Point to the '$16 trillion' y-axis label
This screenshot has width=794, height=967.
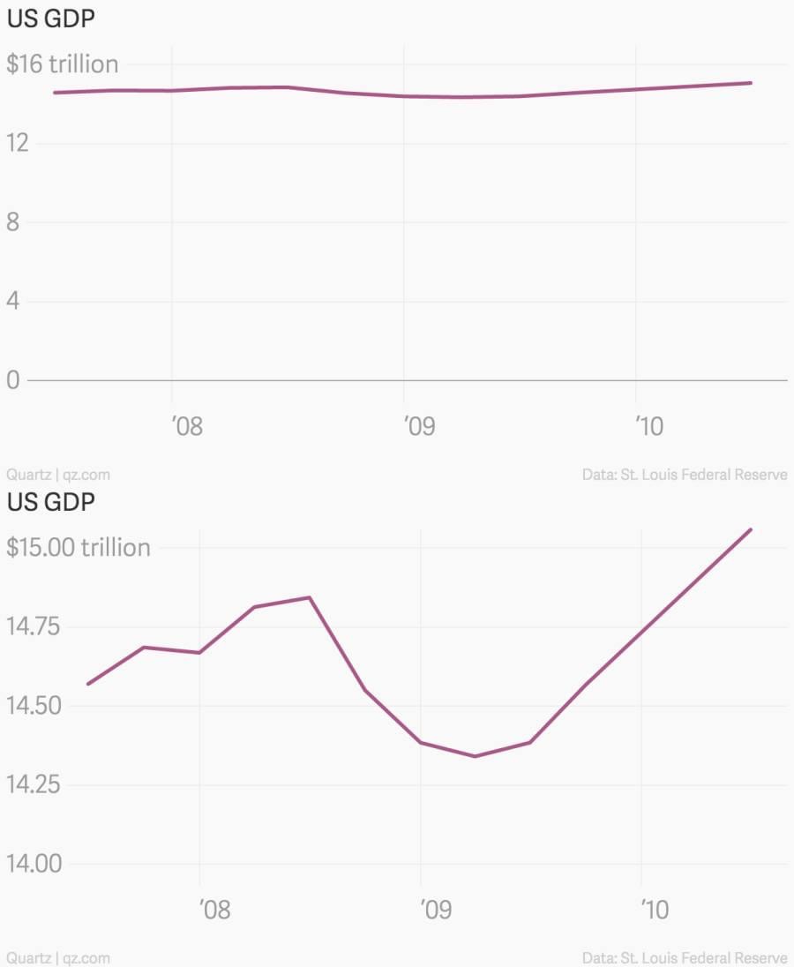[62, 64]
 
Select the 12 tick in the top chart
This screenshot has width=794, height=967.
[18, 143]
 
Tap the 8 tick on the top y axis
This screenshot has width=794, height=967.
[12, 222]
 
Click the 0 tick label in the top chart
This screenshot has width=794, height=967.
[12, 380]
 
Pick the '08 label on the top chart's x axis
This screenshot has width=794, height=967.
[186, 428]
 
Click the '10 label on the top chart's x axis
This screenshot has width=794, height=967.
[649, 428]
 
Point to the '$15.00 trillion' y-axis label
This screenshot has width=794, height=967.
[79, 548]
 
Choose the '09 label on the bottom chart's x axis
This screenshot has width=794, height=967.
[436, 910]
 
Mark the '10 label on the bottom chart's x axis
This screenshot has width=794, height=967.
[655, 910]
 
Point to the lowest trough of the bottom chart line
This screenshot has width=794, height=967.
[475, 756]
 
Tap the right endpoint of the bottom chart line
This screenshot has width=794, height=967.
[751, 529]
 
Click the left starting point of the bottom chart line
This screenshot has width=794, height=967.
[88, 684]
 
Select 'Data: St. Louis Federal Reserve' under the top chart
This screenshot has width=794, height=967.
[685, 475]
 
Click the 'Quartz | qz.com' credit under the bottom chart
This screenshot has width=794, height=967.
[58, 957]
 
